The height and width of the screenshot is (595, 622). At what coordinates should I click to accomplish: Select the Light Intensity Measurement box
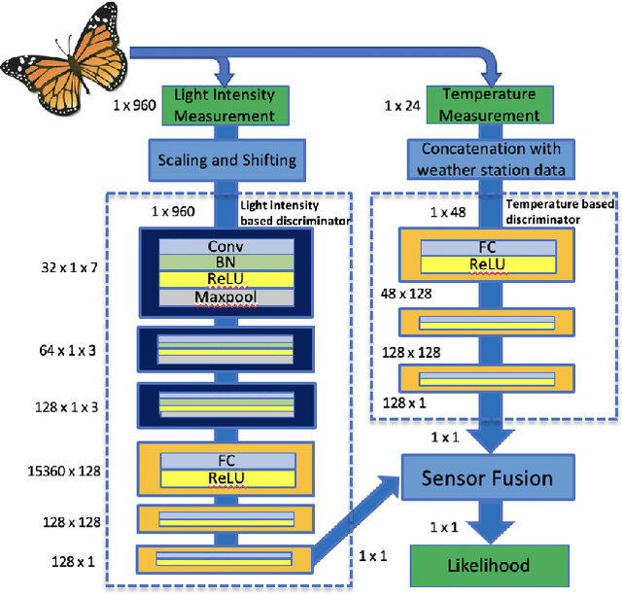point(226,105)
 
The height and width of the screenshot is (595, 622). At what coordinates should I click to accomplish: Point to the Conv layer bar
point(225,247)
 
